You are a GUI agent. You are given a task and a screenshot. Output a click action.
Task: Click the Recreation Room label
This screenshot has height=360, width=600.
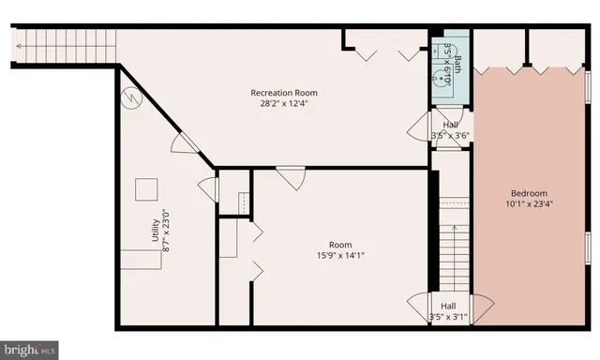(283, 93)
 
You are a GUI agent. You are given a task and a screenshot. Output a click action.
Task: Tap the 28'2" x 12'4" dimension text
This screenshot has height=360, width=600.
(283, 104)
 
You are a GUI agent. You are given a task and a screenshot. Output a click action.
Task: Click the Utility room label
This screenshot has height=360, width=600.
(156, 232)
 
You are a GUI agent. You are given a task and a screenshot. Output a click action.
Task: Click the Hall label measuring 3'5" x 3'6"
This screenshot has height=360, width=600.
(451, 124)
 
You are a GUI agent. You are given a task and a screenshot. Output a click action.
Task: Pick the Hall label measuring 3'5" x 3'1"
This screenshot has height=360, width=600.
(448, 306)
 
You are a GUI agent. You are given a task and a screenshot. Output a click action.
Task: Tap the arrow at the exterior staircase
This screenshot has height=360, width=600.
(20, 42)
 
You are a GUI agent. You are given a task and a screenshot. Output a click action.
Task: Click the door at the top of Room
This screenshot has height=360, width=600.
(291, 176)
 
